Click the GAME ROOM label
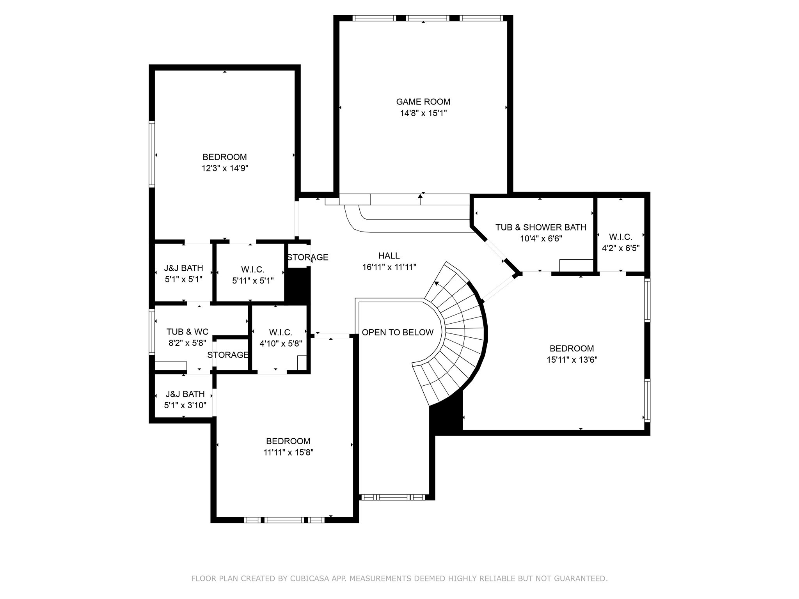[423, 102]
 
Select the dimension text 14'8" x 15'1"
[423, 113]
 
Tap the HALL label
[389, 256]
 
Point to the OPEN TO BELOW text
[398, 332]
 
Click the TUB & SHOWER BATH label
[541, 227]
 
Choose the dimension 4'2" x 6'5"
[620, 248]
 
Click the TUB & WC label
[187, 332]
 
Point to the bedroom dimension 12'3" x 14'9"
[225, 168]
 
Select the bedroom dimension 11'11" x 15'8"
[288, 452]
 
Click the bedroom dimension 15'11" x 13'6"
[572, 360]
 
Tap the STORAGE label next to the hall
[308, 257]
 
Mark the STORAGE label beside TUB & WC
[228, 355]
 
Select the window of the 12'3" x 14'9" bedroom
[152, 154]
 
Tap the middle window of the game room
[427, 18]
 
